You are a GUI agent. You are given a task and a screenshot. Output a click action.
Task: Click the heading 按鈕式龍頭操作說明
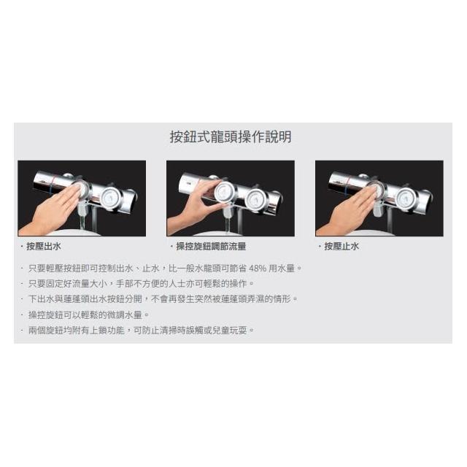tap(231, 137)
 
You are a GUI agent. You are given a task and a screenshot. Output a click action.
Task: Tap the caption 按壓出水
tap(44, 247)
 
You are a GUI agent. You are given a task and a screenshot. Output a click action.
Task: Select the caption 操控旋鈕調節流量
tap(211, 247)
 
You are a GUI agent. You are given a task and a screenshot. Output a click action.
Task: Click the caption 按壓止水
tap(341, 247)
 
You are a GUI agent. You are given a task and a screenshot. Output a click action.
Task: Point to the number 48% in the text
tap(258, 269)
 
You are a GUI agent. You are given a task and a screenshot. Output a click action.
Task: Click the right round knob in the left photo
tap(110, 198)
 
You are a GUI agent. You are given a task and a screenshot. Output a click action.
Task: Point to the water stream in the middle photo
tap(228, 225)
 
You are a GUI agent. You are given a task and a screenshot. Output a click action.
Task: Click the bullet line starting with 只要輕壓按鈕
tap(165, 269)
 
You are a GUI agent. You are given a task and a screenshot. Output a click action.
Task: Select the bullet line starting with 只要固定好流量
tap(141, 284)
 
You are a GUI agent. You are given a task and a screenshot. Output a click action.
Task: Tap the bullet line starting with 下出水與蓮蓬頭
tap(163, 299)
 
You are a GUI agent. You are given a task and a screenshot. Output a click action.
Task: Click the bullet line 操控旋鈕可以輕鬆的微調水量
tap(88, 314)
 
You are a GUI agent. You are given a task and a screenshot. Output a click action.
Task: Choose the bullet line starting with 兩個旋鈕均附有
tap(141, 331)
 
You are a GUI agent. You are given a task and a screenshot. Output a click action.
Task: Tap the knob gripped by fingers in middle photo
tap(225, 191)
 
